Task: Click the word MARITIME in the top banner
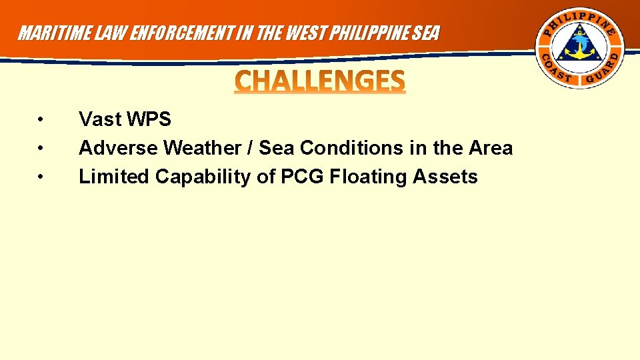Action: [50, 33]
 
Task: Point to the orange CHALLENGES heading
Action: [320, 81]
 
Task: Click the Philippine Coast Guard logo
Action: [581, 50]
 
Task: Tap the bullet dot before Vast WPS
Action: [41, 120]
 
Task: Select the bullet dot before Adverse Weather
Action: [41, 148]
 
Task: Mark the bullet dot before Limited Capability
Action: [41, 177]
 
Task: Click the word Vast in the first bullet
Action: [100, 120]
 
